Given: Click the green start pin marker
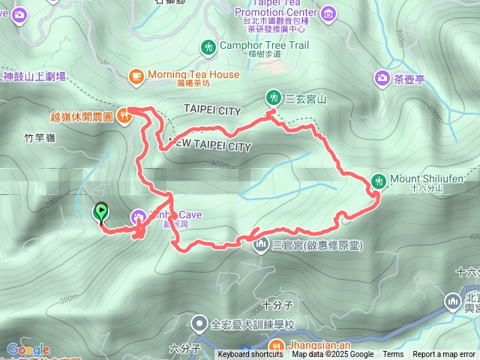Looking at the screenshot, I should (100, 213).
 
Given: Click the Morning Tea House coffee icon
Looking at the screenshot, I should (136, 75).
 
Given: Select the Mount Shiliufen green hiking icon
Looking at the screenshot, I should (379, 180).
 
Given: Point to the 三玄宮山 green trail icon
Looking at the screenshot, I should (273, 97).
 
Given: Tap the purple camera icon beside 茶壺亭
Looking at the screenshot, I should (382, 77).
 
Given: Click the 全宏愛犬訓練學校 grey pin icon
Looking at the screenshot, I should (199, 325).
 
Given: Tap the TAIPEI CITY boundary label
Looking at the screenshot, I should (212, 110).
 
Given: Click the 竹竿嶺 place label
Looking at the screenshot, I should (40, 138).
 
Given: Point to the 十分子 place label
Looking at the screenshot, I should (277, 305).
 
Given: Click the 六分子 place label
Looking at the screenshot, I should (184, 348).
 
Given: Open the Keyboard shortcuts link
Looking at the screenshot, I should (250, 355).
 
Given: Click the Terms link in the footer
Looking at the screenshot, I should (393, 355).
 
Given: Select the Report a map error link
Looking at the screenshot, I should (444, 355).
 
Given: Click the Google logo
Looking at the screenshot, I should (28, 349).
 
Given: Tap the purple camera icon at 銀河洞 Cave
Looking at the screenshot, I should (139, 217).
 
